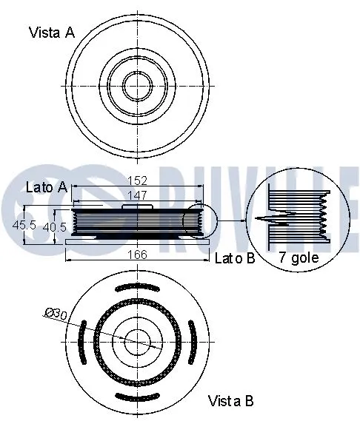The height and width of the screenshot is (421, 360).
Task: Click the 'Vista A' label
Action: tap(51, 32)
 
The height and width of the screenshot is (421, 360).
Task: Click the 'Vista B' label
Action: tap(230, 401)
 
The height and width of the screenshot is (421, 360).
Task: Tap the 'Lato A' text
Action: tap(47, 187)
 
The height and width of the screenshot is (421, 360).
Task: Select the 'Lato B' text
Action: tap(235, 258)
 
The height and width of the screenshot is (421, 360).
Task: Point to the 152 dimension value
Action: tap(139, 181)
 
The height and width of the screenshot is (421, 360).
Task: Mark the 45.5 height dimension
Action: tap(25, 224)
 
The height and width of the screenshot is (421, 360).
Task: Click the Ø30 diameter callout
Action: tap(56, 314)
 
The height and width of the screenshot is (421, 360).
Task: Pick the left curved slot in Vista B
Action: tap(81, 341)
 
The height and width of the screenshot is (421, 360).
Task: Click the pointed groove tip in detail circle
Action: tap(257, 220)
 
